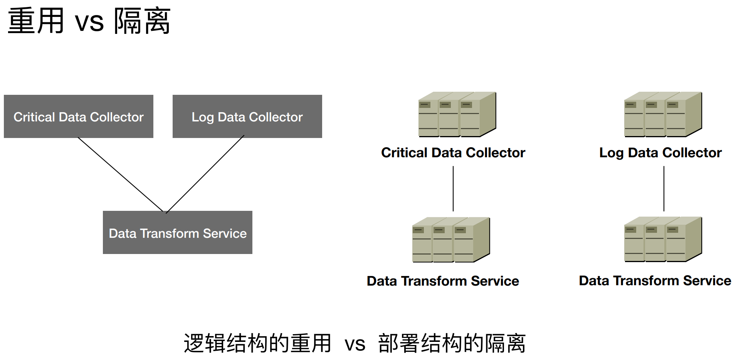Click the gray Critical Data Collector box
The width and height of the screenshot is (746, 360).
tap(79, 116)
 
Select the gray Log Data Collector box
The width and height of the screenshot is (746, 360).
tap(247, 116)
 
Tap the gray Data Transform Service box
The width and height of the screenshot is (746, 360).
tap(178, 232)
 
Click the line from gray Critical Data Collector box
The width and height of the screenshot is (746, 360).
tap(121, 175)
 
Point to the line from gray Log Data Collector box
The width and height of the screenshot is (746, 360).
tap(205, 174)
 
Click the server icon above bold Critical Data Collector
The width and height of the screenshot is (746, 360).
tap(457, 114)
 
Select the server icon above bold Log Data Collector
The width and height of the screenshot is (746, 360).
tap(663, 114)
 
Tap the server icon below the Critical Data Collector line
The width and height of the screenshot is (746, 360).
tap(451, 240)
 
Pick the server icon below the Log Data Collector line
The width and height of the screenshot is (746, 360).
tap(663, 239)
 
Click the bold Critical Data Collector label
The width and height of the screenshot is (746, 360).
tap(453, 153)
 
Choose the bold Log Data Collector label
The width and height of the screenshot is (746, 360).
tap(660, 153)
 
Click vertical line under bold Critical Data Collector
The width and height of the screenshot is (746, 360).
tap(453, 188)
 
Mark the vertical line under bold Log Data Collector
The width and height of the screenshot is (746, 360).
tap(664, 188)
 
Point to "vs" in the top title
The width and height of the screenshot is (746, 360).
tap(89, 23)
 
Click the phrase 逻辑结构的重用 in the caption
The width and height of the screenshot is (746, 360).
tap(257, 343)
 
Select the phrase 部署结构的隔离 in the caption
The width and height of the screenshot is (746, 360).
tap(452, 343)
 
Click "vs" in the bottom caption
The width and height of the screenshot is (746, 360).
tap(355, 345)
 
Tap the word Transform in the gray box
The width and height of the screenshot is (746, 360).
tap(170, 233)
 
